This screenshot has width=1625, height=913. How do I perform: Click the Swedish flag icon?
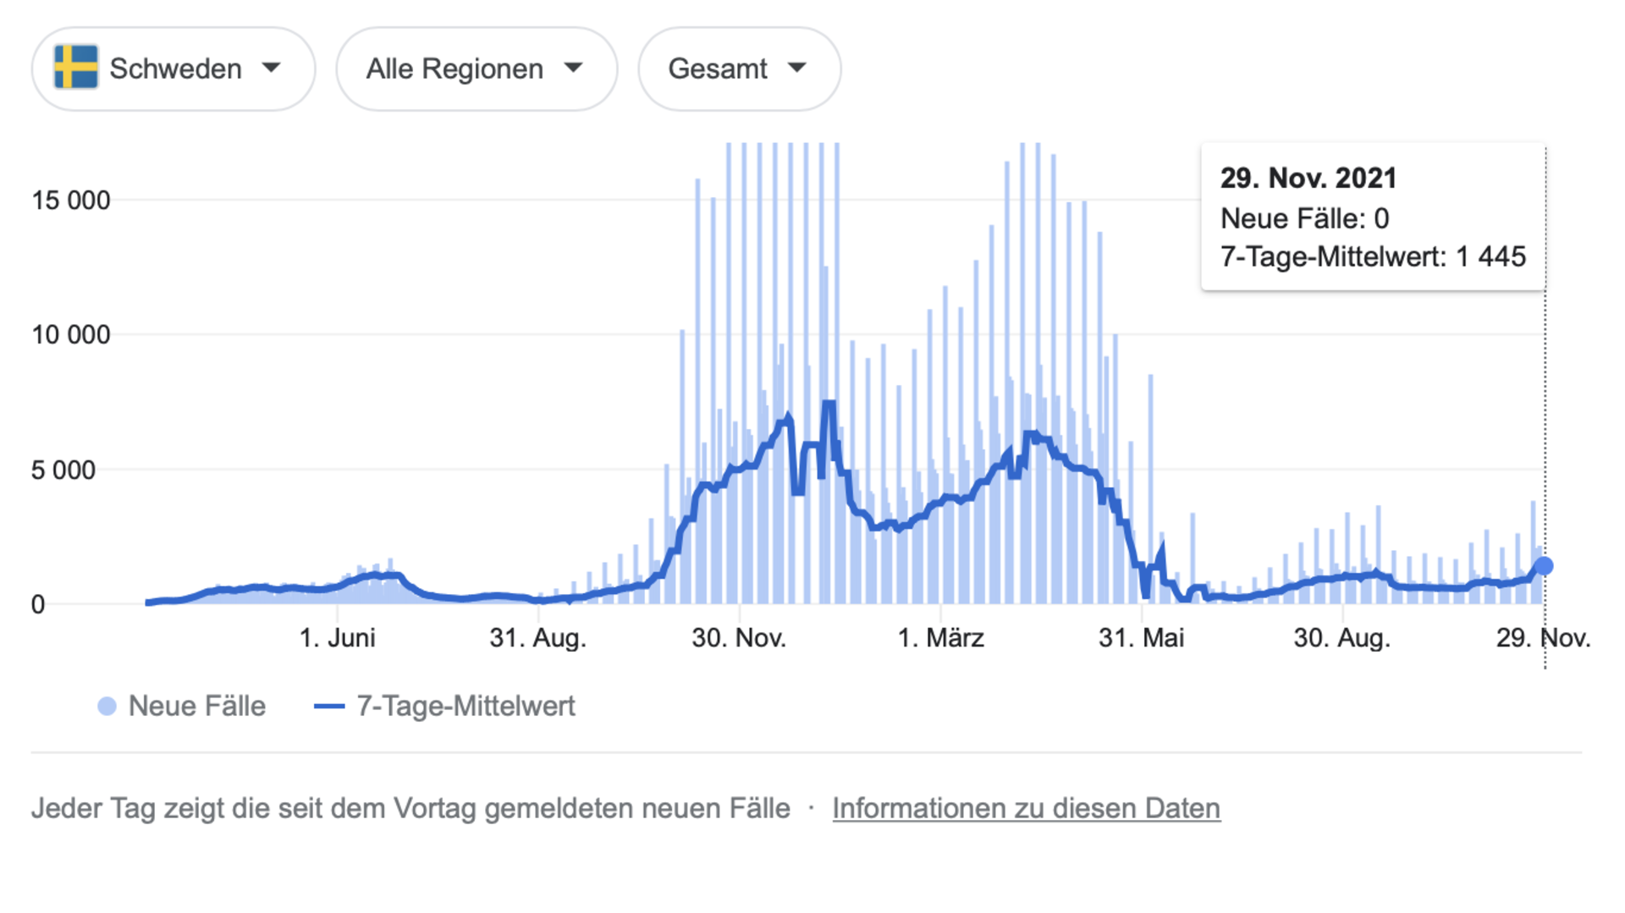click(76, 68)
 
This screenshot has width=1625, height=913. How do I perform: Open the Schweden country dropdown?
click(174, 69)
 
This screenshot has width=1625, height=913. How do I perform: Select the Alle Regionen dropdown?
click(476, 69)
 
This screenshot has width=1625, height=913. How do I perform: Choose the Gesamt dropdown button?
click(738, 69)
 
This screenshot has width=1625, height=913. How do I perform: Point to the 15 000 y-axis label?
click(71, 201)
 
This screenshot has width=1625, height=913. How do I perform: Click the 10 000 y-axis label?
click(71, 335)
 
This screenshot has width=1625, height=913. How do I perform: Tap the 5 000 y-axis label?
click(63, 470)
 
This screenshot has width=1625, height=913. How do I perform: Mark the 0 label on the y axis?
click(38, 605)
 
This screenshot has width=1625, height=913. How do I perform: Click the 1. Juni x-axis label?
click(337, 638)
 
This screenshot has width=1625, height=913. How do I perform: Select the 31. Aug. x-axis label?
click(537, 638)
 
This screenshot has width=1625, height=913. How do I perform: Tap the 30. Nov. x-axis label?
click(739, 638)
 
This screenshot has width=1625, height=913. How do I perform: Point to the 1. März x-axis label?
click(940, 638)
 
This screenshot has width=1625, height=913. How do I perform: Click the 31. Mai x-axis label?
click(1141, 638)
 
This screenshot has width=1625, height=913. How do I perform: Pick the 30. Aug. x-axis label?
click(1341, 638)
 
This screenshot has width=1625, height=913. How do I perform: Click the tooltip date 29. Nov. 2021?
click(1308, 179)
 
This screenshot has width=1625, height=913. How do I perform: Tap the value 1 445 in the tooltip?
click(1490, 256)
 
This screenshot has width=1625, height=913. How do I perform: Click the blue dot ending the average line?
click(1544, 566)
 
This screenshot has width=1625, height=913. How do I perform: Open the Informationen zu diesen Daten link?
click(1026, 809)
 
